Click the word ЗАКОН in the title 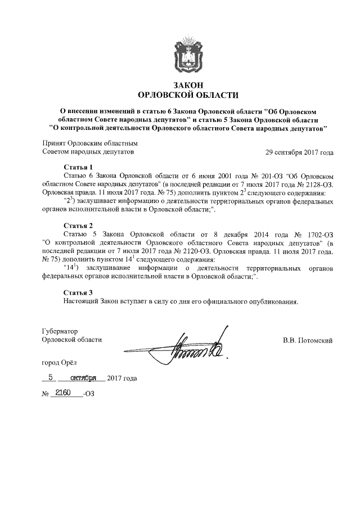tap(188, 84)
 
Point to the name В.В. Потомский tap(308, 340)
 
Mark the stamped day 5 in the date tap(50, 377)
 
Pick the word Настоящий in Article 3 tap(82, 301)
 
